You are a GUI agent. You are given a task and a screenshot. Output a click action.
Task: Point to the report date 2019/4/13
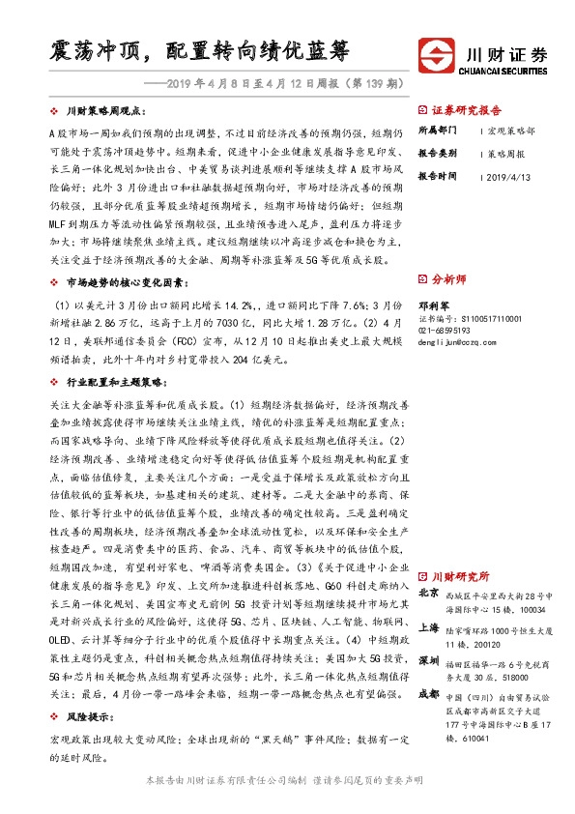pyautogui.click(x=510, y=177)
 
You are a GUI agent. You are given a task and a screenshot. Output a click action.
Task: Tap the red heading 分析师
pyautogui.click(x=449, y=278)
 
